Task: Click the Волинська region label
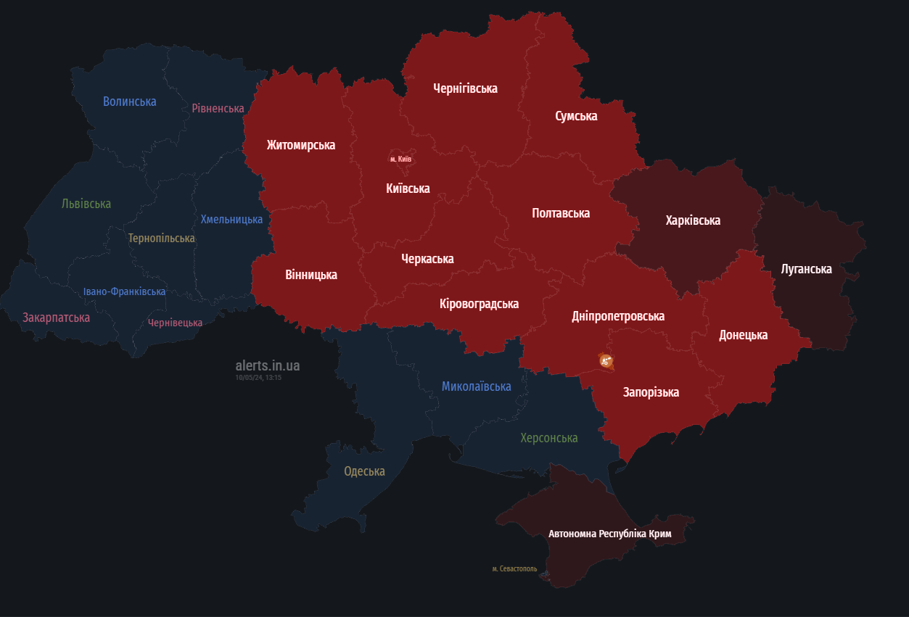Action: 130,102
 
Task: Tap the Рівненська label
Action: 218,108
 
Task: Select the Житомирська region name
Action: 301,145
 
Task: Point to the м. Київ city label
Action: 400,159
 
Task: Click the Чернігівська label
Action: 465,88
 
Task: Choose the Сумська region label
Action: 576,116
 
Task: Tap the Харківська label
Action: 693,220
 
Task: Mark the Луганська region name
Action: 806,269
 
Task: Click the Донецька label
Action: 743,335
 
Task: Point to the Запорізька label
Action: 651,392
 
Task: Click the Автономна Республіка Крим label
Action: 609,534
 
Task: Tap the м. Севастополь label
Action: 514,569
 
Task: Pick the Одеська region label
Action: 364,471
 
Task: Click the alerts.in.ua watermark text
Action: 267,365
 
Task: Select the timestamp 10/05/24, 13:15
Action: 258,378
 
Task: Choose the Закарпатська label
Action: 56,318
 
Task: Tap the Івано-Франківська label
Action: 124,291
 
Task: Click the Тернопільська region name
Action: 161,238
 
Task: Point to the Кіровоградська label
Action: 479,304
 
